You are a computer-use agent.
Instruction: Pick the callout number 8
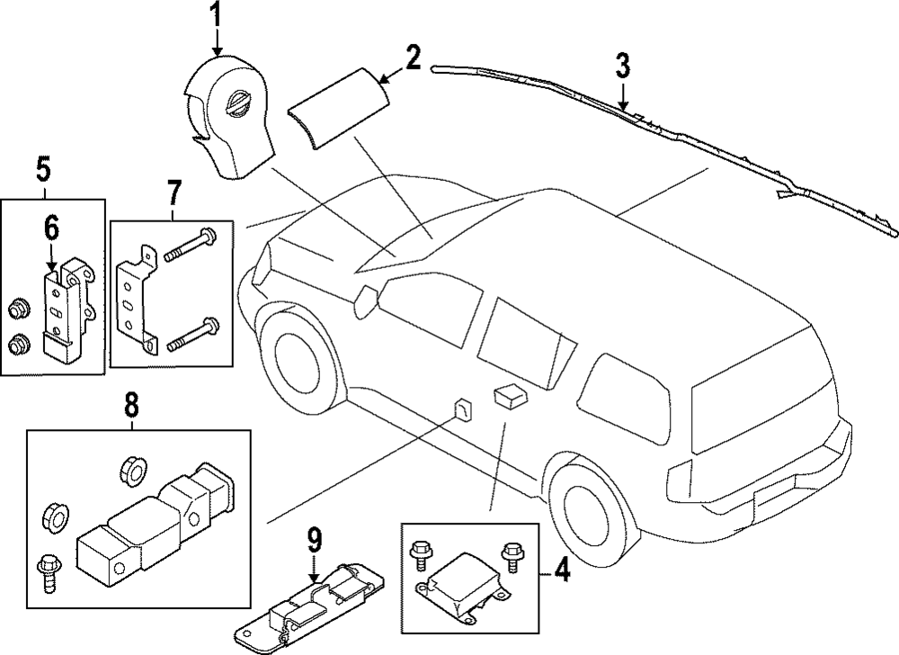pyautogui.click(x=131, y=406)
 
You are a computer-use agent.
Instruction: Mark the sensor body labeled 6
pyautogui.click(x=65, y=306)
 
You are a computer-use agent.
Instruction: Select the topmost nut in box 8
pyautogui.click(x=130, y=468)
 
